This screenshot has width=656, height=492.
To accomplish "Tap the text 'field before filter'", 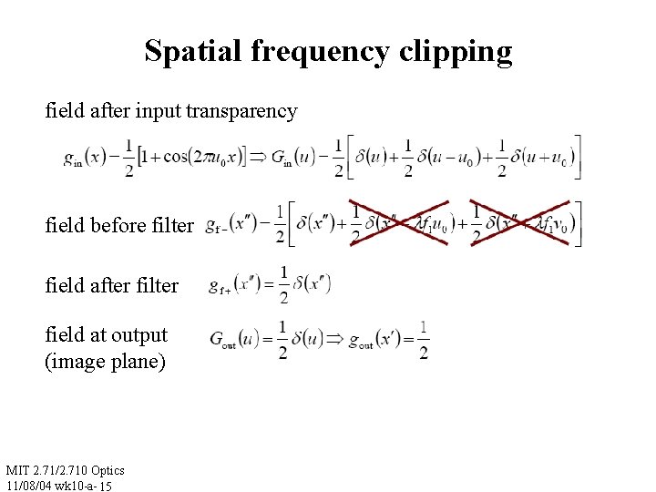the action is pos(119,225).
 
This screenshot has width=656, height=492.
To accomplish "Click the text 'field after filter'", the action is pos(112,286).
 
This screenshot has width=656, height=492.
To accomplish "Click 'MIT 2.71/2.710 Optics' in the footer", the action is pos(65,470).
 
